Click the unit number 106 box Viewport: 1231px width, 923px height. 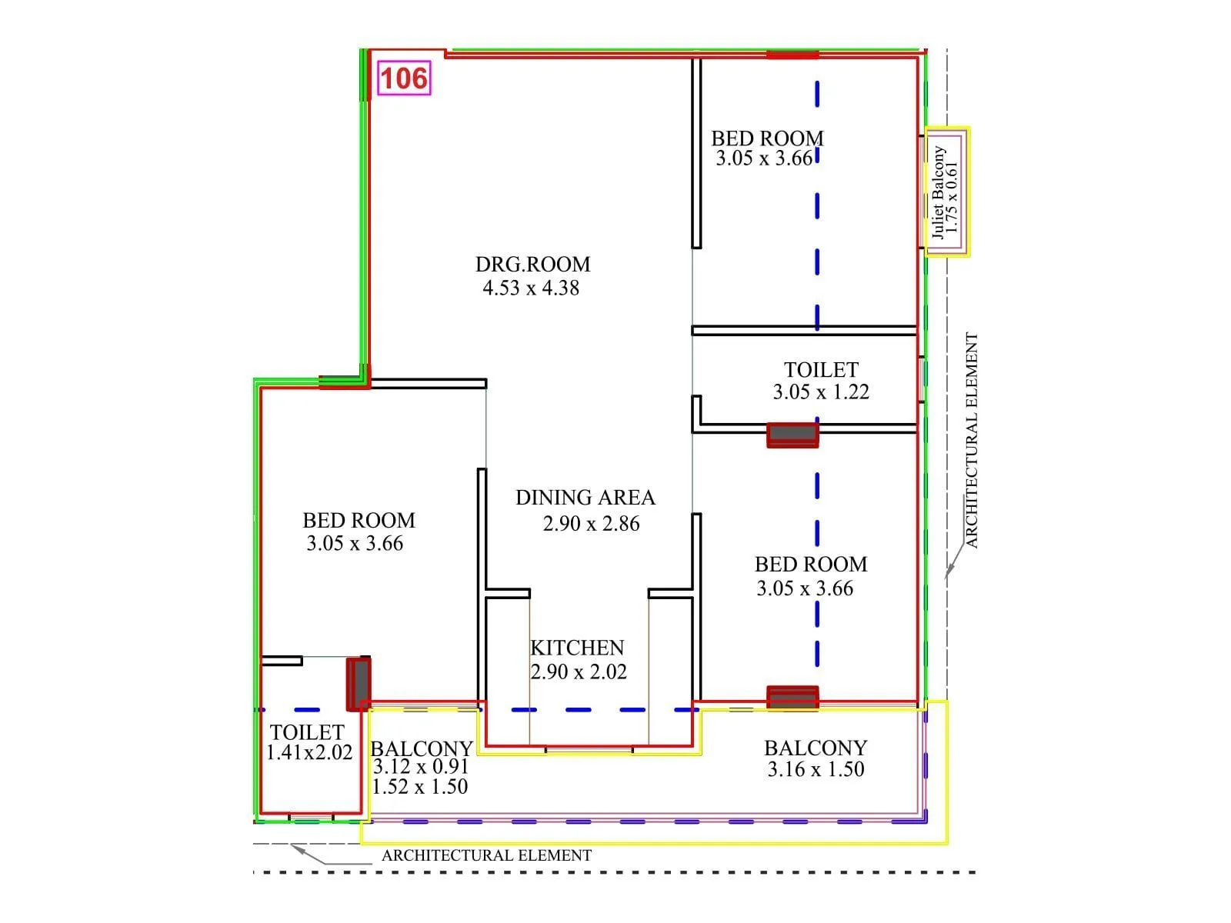coord(404,78)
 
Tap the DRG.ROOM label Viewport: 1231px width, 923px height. coord(532,265)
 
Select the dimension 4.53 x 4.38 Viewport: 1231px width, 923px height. coord(531,288)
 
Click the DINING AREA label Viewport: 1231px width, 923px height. coord(585,498)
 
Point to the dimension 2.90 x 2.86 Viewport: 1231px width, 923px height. coord(591,524)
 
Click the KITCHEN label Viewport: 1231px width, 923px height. coord(577,648)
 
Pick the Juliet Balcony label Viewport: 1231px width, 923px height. coord(939,192)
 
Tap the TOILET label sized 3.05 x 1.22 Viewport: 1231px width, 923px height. coord(821,370)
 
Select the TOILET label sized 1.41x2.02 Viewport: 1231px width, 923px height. coord(307,732)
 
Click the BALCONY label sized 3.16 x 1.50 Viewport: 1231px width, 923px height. coord(816,748)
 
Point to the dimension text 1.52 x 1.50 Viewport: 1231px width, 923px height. coord(420,787)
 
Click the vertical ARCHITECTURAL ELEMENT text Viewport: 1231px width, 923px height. coord(972,440)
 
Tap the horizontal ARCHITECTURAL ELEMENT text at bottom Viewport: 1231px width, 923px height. coord(486,855)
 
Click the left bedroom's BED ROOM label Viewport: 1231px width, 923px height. coord(359,521)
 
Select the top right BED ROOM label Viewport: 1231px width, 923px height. coord(767,138)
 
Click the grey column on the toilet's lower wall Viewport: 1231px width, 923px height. coord(792,435)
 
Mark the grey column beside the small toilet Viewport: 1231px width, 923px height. coord(359,683)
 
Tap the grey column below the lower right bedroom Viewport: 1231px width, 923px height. coord(792,698)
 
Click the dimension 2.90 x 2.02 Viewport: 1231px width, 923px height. coord(579,672)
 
